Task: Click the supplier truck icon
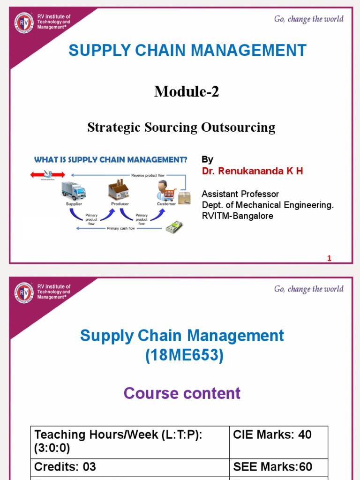pos(74,191)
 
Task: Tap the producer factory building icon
pos(119,190)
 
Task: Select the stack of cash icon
pos(173,227)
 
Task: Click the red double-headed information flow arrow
pos(42,174)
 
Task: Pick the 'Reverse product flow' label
pos(144,175)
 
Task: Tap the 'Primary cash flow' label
pos(121,228)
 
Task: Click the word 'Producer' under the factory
pos(120,204)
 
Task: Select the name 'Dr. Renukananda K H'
pos(252,171)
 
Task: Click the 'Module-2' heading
pos(187,92)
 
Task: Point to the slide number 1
pos(329,258)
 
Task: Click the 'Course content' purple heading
pos(182,393)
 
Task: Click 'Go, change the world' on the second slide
pos(308,289)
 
